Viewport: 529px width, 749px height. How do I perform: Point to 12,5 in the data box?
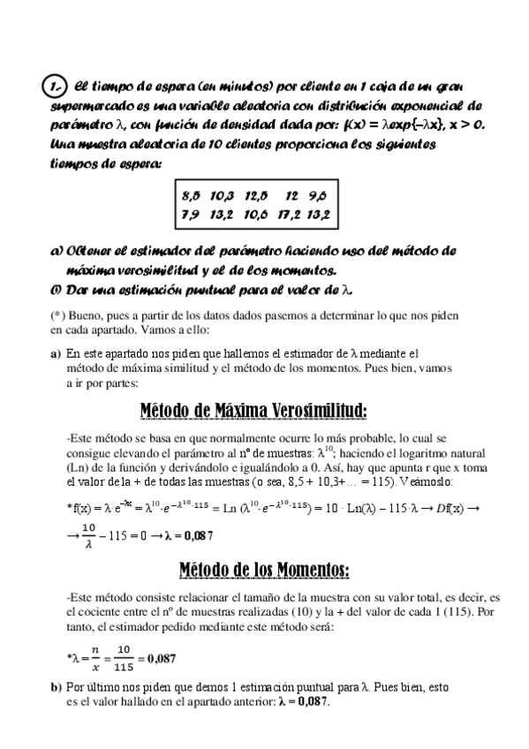point(254,194)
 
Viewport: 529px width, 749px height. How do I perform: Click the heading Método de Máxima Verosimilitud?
point(253,412)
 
